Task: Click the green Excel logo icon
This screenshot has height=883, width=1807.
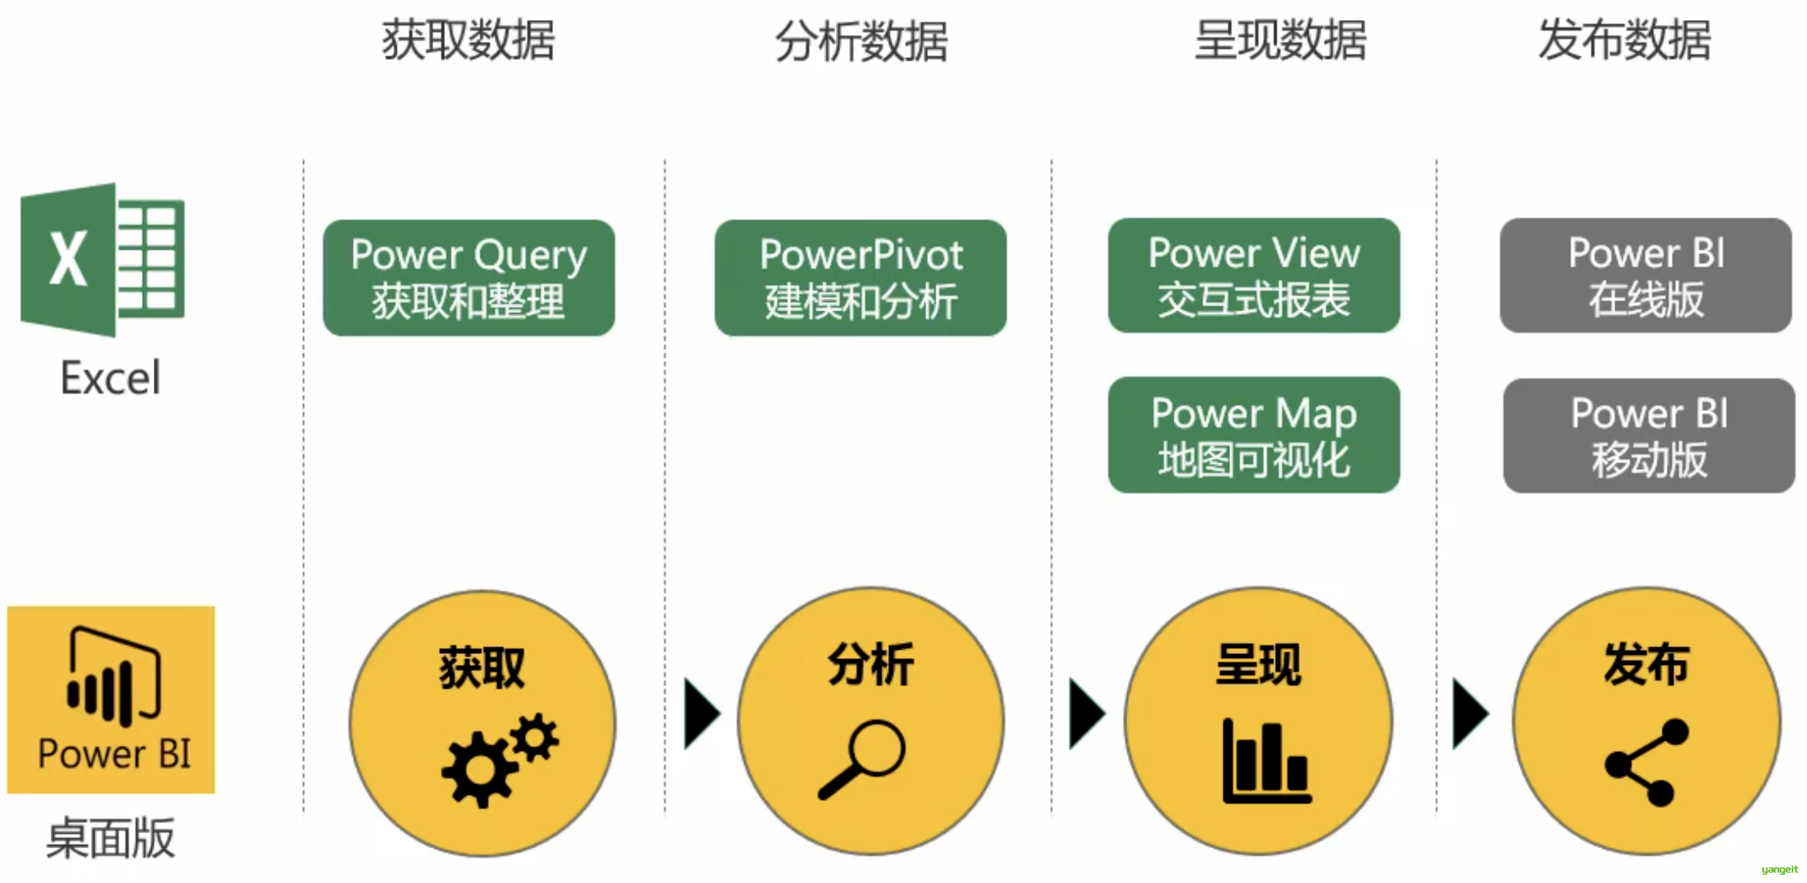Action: [102, 260]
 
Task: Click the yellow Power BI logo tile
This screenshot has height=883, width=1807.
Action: [111, 699]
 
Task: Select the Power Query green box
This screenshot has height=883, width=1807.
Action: [469, 277]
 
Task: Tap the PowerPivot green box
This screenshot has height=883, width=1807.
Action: [861, 277]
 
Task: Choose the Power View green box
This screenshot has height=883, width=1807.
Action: [1253, 276]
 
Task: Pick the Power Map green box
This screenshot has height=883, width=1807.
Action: [1253, 435]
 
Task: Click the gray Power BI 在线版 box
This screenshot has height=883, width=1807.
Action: [1645, 276]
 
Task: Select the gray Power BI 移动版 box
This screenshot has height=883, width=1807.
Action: [1648, 436]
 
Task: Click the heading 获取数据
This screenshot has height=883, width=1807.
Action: [468, 40]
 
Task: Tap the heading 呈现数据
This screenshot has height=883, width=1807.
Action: [1280, 40]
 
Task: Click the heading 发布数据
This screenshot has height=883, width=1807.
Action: [1624, 40]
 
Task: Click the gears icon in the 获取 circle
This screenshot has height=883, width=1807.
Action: [499, 759]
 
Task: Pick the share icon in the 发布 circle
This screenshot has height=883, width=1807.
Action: [1647, 762]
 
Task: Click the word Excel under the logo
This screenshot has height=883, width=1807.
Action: [110, 378]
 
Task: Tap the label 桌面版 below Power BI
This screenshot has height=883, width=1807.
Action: [110, 838]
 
